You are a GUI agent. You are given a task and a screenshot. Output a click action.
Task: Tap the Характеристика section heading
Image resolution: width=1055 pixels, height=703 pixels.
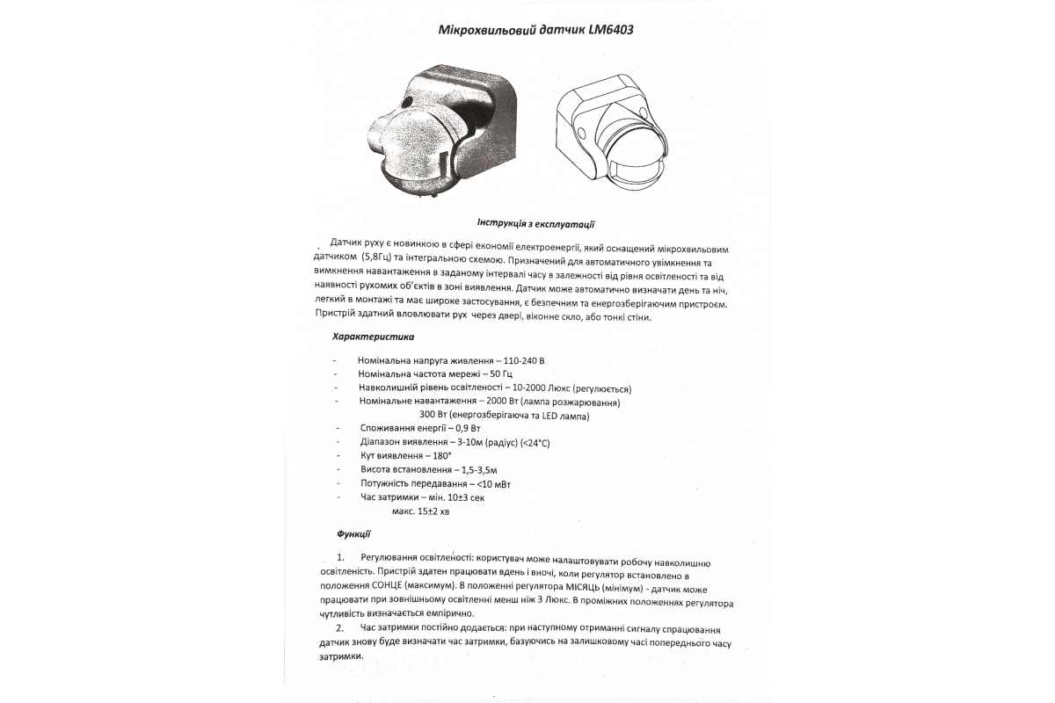[x=374, y=337]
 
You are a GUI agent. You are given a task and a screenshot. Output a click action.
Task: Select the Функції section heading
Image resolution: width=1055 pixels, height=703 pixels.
[x=353, y=533]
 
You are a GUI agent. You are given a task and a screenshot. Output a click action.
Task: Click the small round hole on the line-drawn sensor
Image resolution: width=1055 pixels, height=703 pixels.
[x=583, y=132]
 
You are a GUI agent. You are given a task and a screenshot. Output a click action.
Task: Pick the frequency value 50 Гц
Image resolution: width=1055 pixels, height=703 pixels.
[x=498, y=374]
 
